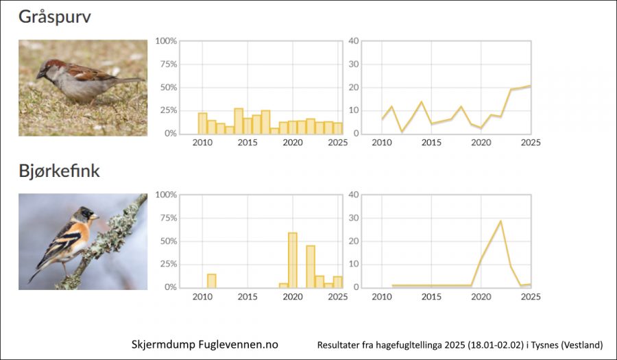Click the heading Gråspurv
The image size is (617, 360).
point(54,17)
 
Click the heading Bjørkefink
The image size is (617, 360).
point(59,171)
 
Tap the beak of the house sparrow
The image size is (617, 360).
point(39,75)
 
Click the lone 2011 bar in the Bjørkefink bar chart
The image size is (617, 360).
point(211,280)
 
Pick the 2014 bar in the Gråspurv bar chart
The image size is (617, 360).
point(239,121)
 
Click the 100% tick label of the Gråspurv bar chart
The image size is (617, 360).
point(167,41)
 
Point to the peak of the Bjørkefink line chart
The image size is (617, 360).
point(500,221)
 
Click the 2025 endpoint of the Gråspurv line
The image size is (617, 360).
point(530,86)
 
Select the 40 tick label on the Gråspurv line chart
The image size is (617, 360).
point(354,41)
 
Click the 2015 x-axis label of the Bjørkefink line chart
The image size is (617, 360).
point(431,297)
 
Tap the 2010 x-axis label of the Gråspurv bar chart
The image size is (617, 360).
point(202,143)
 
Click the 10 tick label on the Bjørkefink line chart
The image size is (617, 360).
point(354,264)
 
